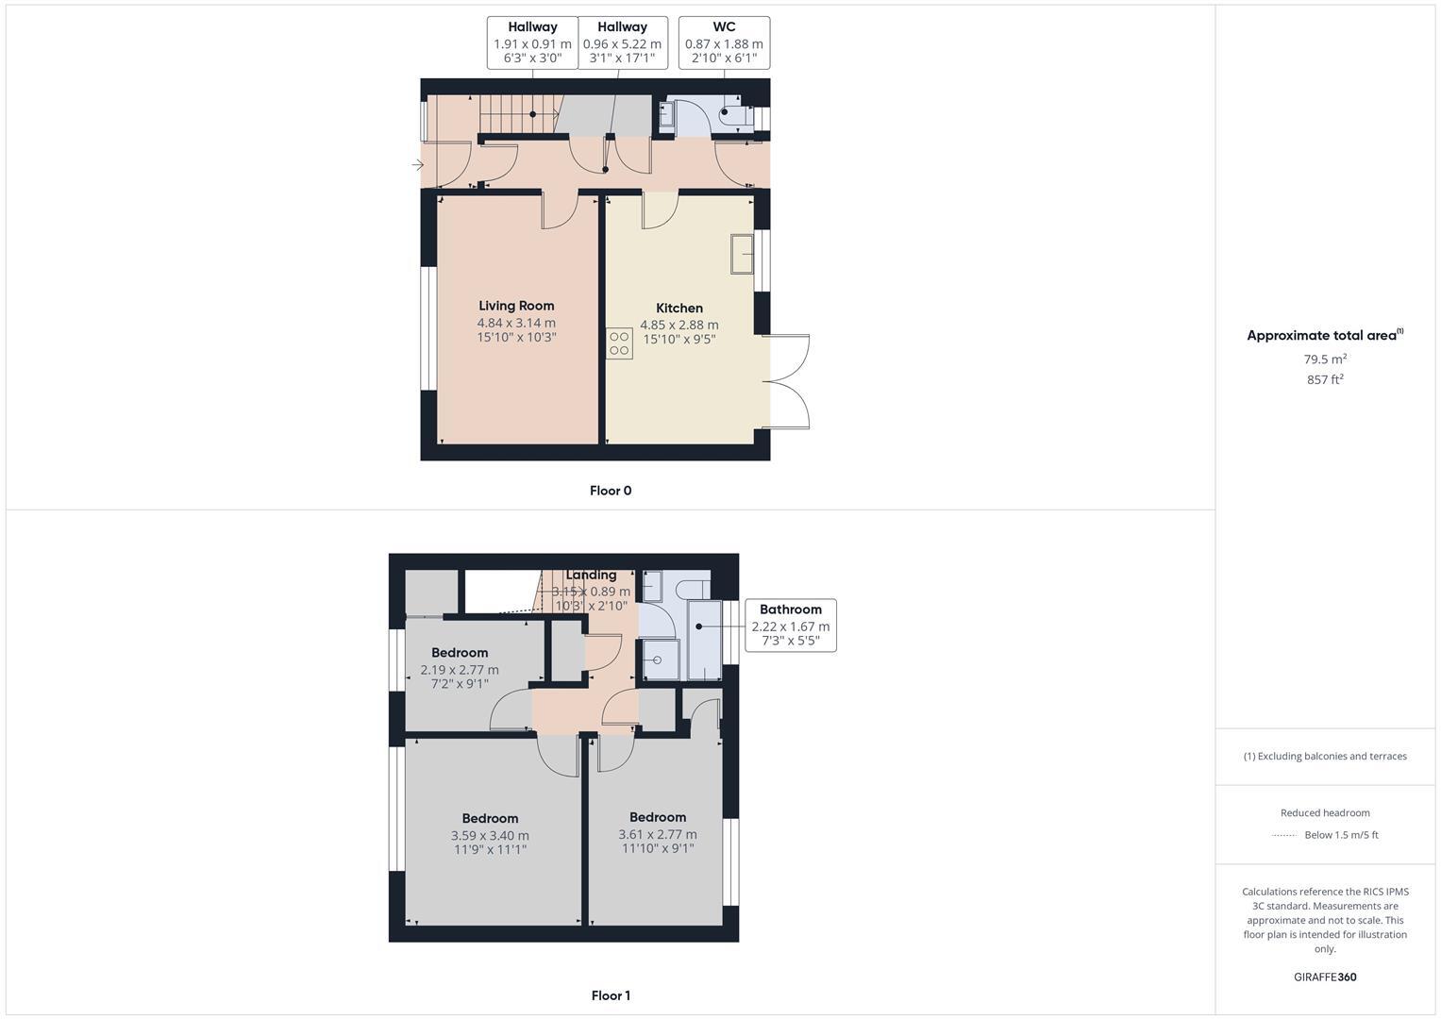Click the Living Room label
[x=516, y=306]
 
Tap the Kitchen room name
[x=679, y=308]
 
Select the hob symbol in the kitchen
[x=619, y=343]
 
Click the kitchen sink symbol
[x=742, y=254]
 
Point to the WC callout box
[x=724, y=42]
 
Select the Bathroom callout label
[x=790, y=610]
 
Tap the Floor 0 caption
[x=610, y=491]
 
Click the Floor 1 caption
[x=610, y=995]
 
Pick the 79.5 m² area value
[x=1325, y=359]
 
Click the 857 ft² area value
[x=1325, y=380]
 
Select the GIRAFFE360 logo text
[x=1325, y=977]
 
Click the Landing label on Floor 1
[x=591, y=576]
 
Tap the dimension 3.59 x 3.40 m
[x=490, y=835]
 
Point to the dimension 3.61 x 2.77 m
[x=658, y=834]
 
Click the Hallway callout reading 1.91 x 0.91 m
[x=532, y=42]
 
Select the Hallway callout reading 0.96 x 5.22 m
[x=622, y=42]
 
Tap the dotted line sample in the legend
[x=1284, y=835]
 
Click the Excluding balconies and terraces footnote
[x=1325, y=756]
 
